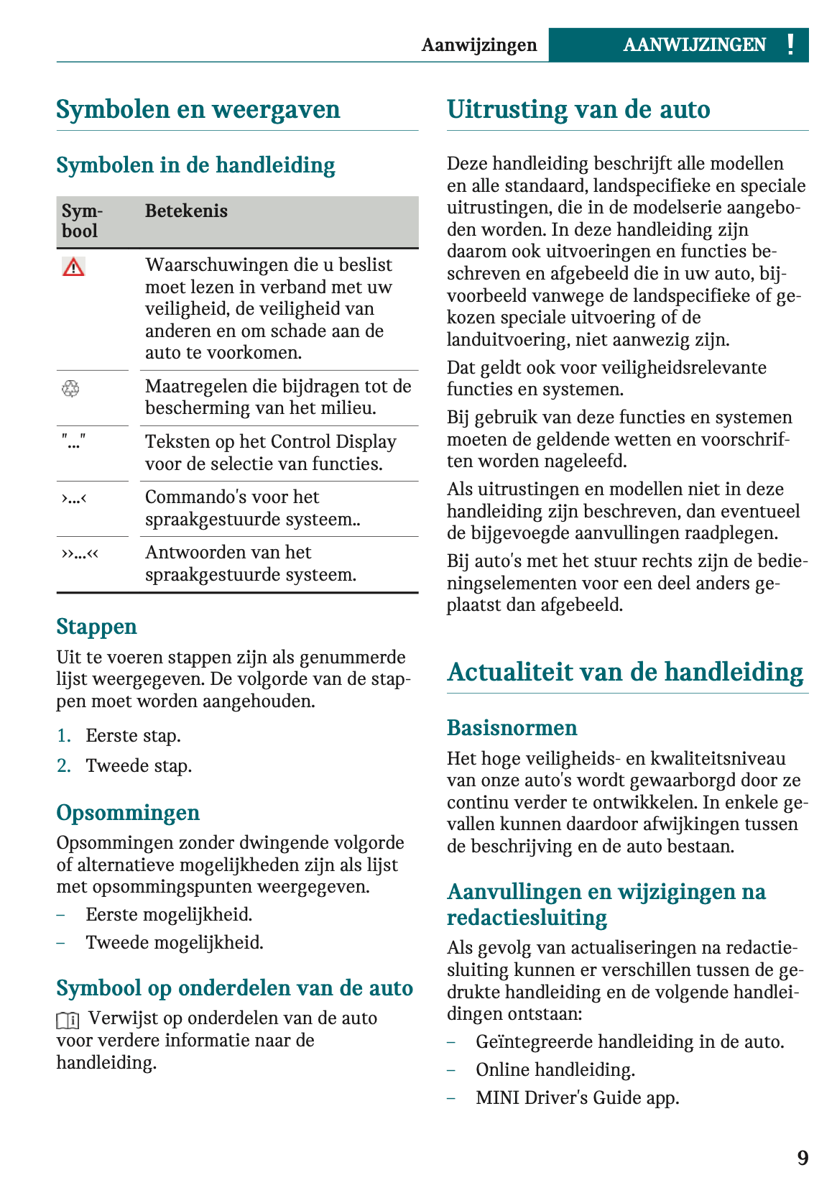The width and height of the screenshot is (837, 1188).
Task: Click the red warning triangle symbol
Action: click(73, 267)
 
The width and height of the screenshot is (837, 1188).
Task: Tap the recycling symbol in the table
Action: click(70, 389)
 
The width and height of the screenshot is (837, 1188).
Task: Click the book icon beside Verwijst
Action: click(68, 1020)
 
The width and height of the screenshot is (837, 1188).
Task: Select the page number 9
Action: click(803, 1158)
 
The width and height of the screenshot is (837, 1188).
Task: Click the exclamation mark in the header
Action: click(790, 45)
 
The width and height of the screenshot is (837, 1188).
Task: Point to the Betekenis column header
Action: click(186, 211)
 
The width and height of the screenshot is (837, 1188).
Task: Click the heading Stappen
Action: click(96, 627)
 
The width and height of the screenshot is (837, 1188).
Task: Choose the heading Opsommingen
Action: click(128, 813)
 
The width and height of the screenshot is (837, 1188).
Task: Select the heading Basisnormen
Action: click(512, 728)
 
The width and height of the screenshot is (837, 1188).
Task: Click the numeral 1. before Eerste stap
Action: click(64, 736)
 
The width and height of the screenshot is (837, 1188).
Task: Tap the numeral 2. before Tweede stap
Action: click(64, 766)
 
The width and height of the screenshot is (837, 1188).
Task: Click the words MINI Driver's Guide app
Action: click(577, 1098)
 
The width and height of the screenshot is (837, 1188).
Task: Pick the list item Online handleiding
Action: click(555, 1070)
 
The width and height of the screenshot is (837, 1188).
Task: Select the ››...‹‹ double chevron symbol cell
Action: click(80, 553)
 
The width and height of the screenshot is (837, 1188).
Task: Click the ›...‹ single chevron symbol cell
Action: click(74, 497)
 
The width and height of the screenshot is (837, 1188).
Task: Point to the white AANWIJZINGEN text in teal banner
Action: click(694, 45)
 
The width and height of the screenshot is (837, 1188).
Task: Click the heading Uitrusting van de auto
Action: click(578, 110)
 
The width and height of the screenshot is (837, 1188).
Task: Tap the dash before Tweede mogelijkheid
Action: click(61, 943)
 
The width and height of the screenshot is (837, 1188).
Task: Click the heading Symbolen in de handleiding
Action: click(195, 165)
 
